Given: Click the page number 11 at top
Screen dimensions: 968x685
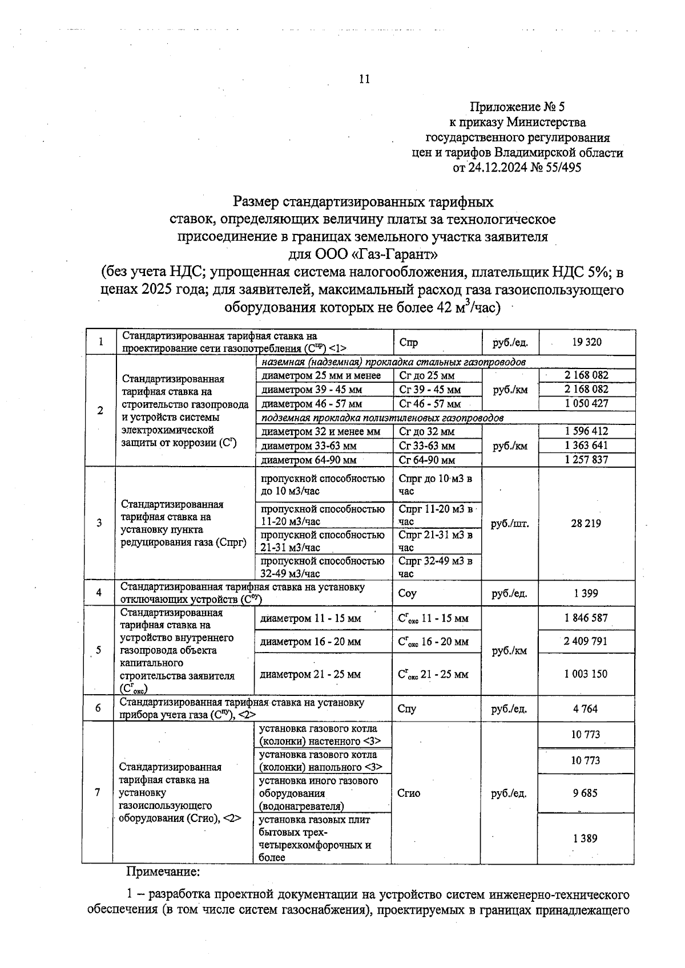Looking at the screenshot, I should point(364,79).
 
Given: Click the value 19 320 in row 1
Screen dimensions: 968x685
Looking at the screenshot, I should point(586,342).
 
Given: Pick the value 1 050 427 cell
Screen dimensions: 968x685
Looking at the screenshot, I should point(586,403).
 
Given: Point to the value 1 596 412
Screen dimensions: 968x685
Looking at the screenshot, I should point(586,431).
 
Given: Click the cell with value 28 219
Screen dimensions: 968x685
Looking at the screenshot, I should point(586,523).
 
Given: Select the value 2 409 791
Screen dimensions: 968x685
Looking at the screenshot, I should point(586,641).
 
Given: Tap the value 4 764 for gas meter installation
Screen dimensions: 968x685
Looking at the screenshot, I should point(586,709).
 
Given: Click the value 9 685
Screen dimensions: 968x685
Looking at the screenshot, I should point(586,793).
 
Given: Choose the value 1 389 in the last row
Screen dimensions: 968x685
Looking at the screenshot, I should point(586,839).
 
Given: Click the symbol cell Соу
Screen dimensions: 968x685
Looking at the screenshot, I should point(408,593).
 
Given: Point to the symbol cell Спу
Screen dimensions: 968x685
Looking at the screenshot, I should point(407,709).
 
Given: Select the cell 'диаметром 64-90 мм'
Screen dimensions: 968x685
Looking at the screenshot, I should point(309,460).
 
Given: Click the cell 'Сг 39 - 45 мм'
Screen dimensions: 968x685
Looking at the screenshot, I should point(429,390).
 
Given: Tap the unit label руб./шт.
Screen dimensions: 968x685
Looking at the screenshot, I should point(510,524).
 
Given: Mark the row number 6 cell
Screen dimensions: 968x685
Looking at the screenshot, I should point(98,708).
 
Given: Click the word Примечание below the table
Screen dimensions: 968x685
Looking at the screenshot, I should point(163,872).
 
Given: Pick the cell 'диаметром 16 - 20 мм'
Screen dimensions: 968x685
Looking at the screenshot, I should point(311,642).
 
